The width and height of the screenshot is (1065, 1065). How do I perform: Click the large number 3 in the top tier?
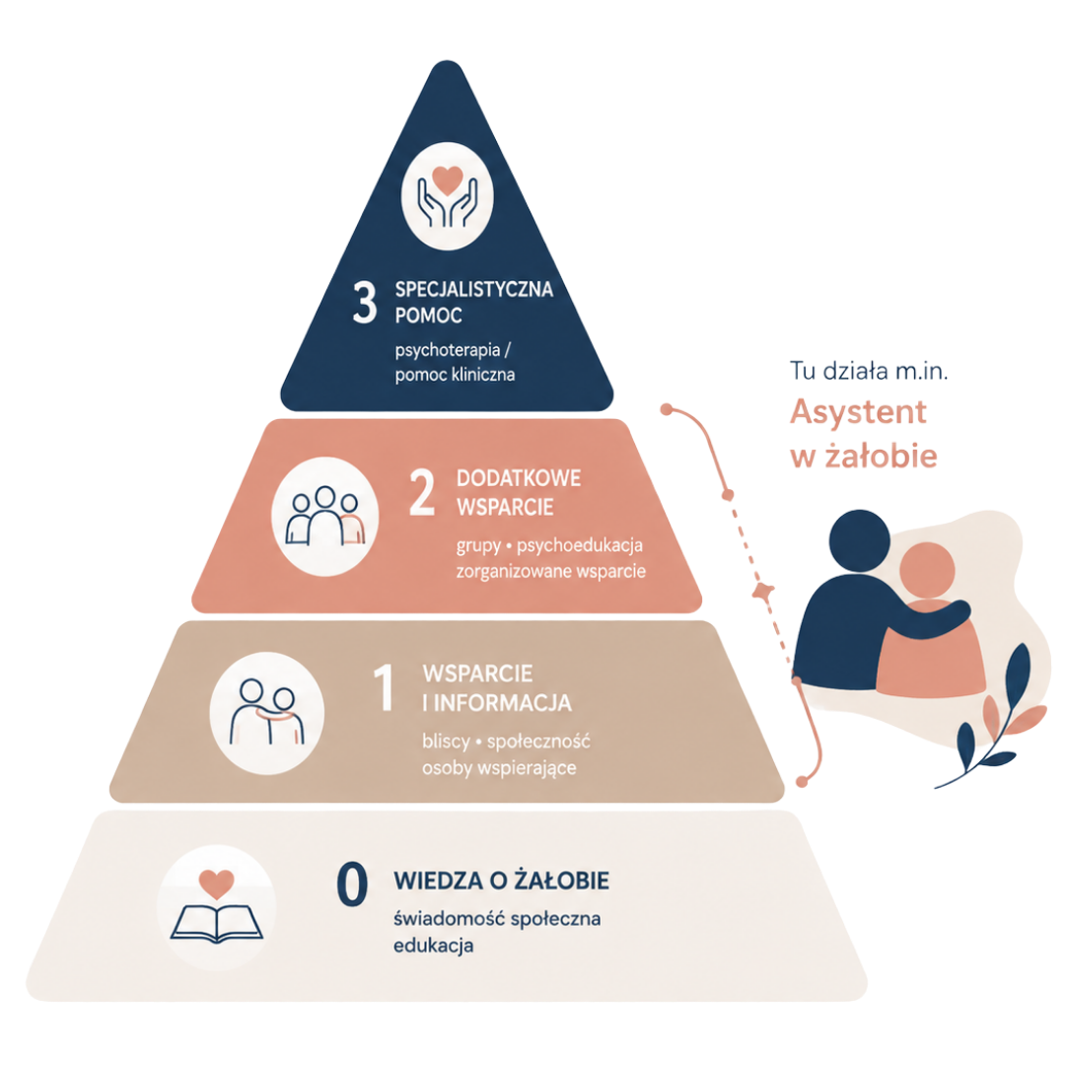(x=365, y=303)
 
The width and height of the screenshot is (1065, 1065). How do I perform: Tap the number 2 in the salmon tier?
(x=422, y=492)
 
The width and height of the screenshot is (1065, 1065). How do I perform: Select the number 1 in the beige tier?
(x=385, y=687)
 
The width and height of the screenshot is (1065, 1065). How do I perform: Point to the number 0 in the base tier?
(x=352, y=885)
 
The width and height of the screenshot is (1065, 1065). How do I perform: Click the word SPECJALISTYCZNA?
(x=474, y=289)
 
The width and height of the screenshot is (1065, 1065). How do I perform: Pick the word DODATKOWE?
(x=519, y=478)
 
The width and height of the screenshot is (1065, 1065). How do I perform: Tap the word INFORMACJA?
(x=503, y=703)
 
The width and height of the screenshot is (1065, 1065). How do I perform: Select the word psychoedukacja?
(x=580, y=545)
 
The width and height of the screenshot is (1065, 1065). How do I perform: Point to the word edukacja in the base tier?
(x=433, y=946)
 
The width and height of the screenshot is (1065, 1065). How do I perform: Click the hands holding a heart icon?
(x=447, y=195)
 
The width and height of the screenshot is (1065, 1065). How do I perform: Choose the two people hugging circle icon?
(x=267, y=713)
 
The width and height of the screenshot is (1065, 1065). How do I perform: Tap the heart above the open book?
(x=217, y=884)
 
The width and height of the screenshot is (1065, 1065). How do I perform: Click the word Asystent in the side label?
(x=858, y=412)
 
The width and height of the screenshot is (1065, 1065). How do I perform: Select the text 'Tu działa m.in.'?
(x=869, y=371)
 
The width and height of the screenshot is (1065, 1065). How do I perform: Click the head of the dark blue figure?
(x=859, y=540)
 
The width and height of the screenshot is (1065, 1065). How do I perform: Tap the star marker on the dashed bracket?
(x=762, y=591)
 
